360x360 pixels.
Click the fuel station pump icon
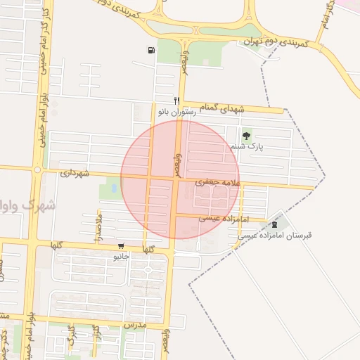coord(151,49)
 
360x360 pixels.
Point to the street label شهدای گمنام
coord(222,108)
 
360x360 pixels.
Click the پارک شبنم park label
coord(246,148)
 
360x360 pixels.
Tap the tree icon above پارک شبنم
coord(246,136)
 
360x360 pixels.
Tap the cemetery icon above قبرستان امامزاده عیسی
coord(274,224)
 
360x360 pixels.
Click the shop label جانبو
coord(122,257)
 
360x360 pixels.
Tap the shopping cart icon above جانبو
coord(122,247)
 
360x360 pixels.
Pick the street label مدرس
coord(134,326)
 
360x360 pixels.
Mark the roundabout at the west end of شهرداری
coord(37,169)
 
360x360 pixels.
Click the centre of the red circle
coord(180,179)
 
